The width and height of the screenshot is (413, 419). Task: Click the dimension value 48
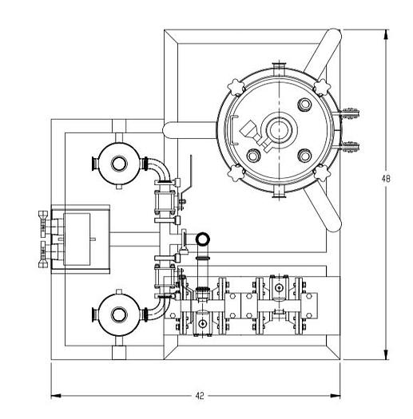(386, 179)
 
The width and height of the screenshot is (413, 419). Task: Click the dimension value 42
(200, 396)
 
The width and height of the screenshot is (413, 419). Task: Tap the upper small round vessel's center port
(119, 164)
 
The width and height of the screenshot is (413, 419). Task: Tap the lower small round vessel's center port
(119, 314)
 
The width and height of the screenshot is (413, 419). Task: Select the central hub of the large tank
(279, 129)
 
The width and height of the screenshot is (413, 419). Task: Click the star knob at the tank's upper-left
(236, 87)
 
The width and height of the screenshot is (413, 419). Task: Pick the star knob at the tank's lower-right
(322, 173)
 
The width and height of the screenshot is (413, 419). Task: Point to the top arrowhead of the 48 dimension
(386, 34)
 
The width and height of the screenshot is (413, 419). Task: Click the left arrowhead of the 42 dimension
(56, 396)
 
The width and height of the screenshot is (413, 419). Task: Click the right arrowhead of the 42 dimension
(335, 396)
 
